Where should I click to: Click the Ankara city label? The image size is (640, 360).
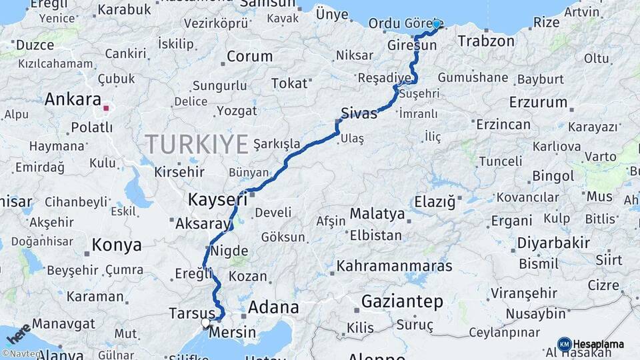pos(73,100)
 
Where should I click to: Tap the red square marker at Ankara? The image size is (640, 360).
pos(106,107)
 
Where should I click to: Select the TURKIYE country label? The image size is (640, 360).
pos(197,143)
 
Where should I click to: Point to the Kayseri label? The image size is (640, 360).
pos(213,199)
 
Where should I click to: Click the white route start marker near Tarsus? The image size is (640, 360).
pos(206,323)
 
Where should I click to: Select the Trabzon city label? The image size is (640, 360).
pos(486,41)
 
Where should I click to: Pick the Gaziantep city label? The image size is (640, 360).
pos(402,302)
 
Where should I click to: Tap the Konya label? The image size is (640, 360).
pos(117,245)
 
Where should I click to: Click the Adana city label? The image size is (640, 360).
pos(273,307)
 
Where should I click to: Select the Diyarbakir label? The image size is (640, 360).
pos(554,243)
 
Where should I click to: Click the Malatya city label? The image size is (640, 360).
pos(377,214)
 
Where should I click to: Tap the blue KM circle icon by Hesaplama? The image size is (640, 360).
pos(564,344)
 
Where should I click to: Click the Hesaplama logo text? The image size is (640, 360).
pos(599,345)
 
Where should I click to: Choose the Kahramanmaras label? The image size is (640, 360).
pos(395,265)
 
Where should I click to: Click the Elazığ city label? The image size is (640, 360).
pos(435,201)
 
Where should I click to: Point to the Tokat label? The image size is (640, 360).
pos(290,83)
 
